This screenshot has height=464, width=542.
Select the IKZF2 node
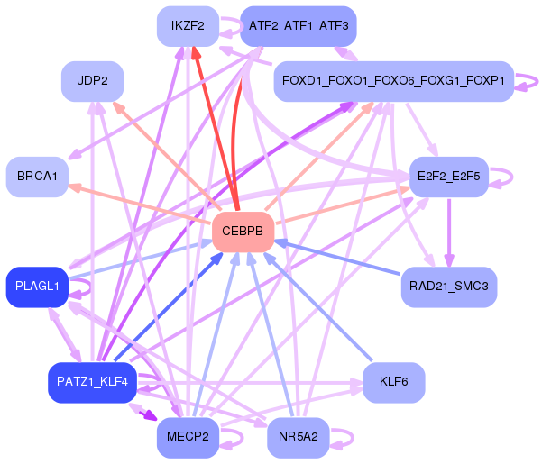(x=188, y=26)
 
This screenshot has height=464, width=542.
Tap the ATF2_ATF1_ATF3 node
(x=298, y=26)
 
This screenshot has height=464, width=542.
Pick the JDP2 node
(x=92, y=81)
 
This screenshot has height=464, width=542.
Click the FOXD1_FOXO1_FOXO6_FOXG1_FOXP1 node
(x=393, y=81)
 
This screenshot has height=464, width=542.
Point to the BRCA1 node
(x=36, y=177)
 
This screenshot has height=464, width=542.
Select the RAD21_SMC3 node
(x=448, y=287)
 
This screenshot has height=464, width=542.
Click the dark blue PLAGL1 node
(x=37, y=287)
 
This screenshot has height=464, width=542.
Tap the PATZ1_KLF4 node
(x=92, y=382)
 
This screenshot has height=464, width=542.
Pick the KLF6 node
(x=393, y=382)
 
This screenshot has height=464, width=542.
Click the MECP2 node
(x=188, y=437)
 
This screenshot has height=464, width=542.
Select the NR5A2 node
(x=298, y=437)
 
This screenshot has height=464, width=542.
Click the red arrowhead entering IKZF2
(x=196, y=54)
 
